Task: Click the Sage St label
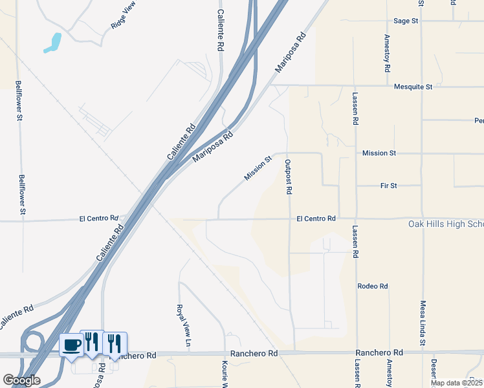point(406,21)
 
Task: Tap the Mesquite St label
point(412,85)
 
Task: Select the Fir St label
point(388,186)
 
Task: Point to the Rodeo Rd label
point(373,286)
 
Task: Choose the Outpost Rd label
point(289,177)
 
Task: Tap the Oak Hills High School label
point(446,224)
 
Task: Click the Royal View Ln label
point(181,324)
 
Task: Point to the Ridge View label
point(124,19)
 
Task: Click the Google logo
point(21,380)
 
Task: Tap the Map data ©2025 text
point(456,383)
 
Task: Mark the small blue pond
point(52,43)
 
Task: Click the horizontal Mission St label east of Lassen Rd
point(379,153)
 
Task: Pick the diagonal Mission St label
point(258,167)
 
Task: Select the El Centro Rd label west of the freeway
point(98,219)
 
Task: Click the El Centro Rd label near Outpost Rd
point(316,219)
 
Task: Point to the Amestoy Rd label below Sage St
point(387,53)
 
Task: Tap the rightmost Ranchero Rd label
point(379,352)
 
